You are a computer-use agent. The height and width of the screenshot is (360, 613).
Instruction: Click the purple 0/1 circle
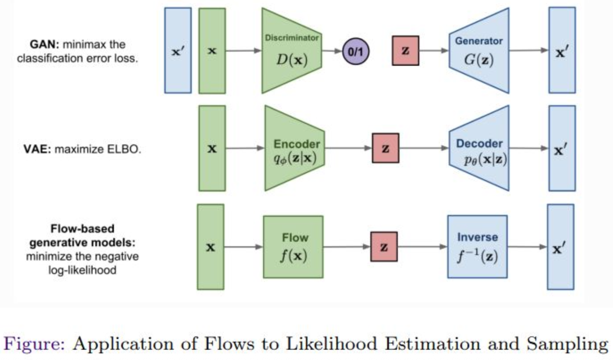click(x=355, y=51)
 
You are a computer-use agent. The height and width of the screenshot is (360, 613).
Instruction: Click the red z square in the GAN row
click(x=405, y=50)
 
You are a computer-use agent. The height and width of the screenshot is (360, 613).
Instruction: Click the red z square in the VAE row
click(x=386, y=148)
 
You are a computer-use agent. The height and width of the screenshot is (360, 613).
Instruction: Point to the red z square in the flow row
click(x=384, y=247)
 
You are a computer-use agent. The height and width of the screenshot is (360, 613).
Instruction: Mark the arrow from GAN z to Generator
click(x=434, y=50)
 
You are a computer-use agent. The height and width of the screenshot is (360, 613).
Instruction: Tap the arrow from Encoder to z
click(x=348, y=148)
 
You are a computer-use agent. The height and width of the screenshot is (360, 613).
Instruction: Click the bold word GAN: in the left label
click(x=44, y=45)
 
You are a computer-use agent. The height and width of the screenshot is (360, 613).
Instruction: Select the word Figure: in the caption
click(x=34, y=344)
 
